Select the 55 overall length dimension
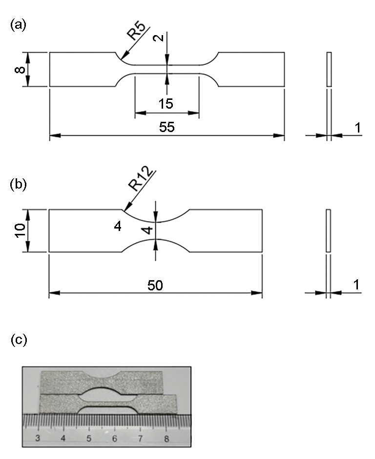167,127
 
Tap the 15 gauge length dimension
166,104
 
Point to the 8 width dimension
20,70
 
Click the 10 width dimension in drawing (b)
20,230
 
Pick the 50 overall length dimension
155,286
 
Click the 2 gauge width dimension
158,38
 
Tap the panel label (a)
18,25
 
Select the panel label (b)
18,185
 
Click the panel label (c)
18,340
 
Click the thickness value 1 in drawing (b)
357,285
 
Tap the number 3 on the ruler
38,438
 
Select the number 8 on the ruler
167,439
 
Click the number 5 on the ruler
89,438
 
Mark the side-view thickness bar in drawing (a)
329,69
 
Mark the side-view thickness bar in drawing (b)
328,230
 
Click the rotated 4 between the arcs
149,230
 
